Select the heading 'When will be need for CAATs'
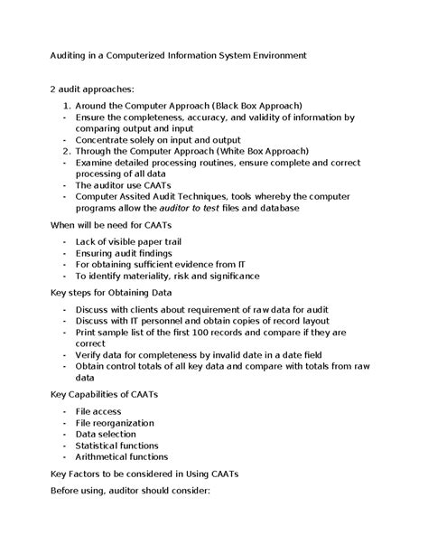pos(110,224)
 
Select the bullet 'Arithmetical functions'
pos(122,457)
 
